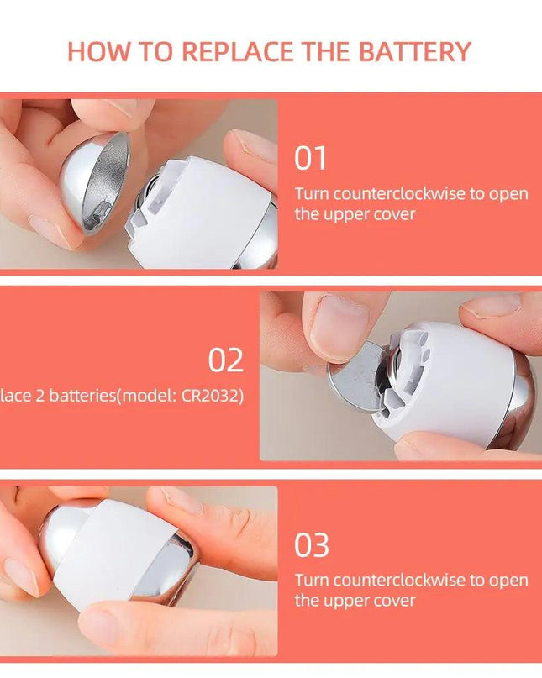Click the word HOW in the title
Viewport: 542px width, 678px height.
click(95, 51)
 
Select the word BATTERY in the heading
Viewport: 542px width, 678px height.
click(414, 51)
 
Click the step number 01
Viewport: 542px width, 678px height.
click(310, 158)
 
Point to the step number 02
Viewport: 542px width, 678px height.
click(225, 360)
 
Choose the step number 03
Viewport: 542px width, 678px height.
click(311, 545)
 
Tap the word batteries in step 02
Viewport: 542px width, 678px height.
click(72, 396)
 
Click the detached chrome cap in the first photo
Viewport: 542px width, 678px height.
click(95, 181)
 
